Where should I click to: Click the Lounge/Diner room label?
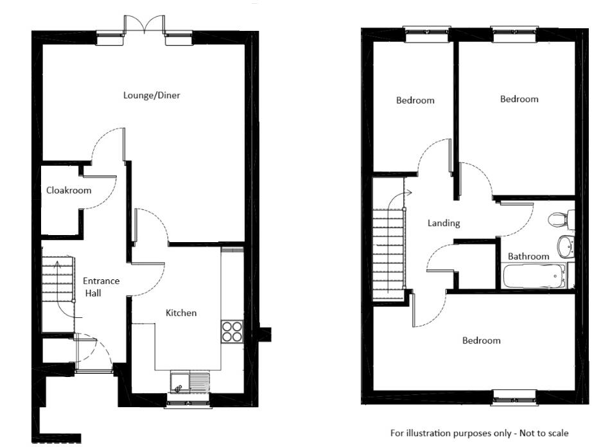pyautogui.click(x=152, y=96)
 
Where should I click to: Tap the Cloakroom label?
pyautogui.click(x=69, y=190)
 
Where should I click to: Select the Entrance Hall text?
pyautogui.click(x=101, y=286)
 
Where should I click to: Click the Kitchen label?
pyautogui.click(x=181, y=313)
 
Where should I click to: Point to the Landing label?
pyautogui.click(x=444, y=223)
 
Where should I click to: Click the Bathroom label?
pyautogui.click(x=528, y=256)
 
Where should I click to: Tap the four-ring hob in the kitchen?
pyautogui.click(x=232, y=331)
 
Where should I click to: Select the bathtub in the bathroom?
pyautogui.click(x=534, y=276)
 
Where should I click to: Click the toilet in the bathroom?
pyautogui.click(x=559, y=219)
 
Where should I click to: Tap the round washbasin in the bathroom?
pyautogui.click(x=566, y=245)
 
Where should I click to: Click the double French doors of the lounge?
pyautogui.click(x=145, y=25)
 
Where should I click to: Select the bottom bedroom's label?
pyautogui.click(x=481, y=340)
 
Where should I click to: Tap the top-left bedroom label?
pyautogui.click(x=415, y=100)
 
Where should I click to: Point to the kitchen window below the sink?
pyautogui.click(x=189, y=403)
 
